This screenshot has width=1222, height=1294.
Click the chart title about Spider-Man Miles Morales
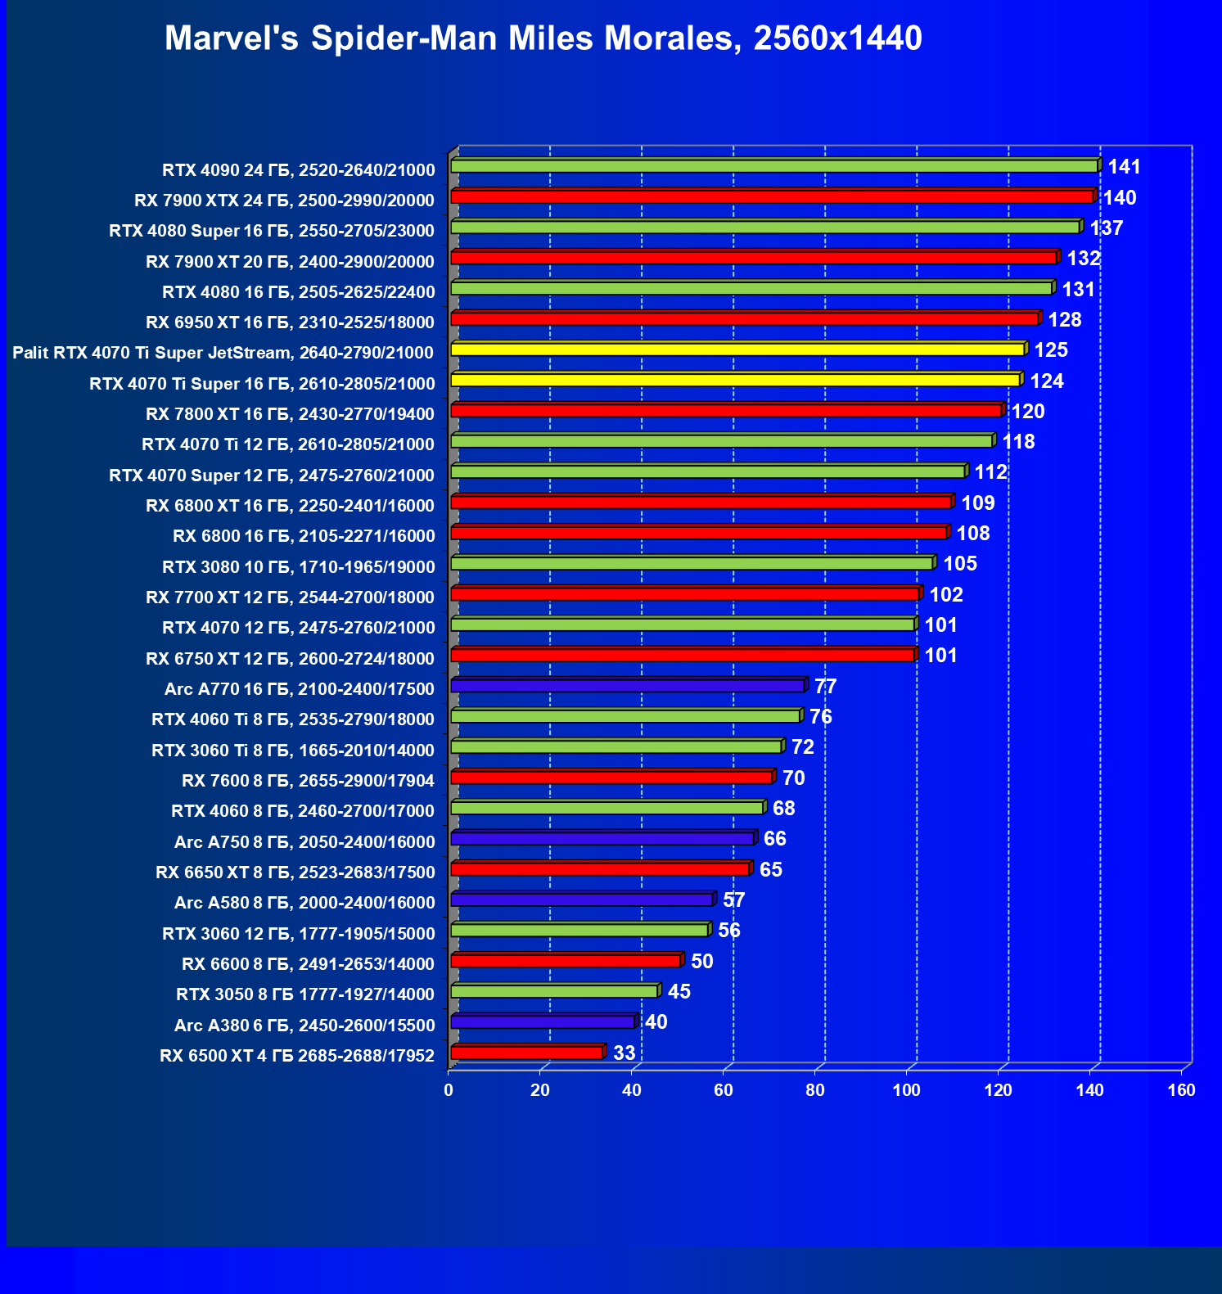pyautogui.click(x=543, y=38)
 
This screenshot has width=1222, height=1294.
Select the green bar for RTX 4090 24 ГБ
pyautogui.click(x=773, y=166)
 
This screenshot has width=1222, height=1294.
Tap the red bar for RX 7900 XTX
pyautogui.click(x=772, y=196)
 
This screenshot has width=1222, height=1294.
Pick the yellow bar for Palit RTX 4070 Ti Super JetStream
pyautogui.click(x=737, y=349)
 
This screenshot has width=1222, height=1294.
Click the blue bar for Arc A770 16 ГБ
pyautogui.click(x=628, y=686)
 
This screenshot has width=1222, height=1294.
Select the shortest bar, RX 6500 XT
pyautogui.click(x=526, y=1053)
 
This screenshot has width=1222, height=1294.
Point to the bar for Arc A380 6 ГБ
pyautogui.click(x=542, y=1021)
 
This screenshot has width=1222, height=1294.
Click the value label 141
pyautogui.click(x=1124, y=167)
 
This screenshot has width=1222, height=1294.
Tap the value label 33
pyautogui.click(x=624, y=1053)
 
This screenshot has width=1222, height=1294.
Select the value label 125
pyautogui.click(x=1051, y=350)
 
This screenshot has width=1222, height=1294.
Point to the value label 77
pyautogui.click(x=825, y=686)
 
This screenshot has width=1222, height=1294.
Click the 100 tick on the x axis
pyautogui.click(x=906, y=1090)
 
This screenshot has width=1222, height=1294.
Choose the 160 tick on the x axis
pyautogui.click(x=1181, y=1090)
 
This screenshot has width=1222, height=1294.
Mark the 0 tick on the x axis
pyautogui.click(x=449, y=1090)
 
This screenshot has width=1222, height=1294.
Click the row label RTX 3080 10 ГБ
pyautogui.click(x=299, y=566)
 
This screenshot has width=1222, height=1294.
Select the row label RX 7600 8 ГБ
pyautogui.click(x=308, y=780)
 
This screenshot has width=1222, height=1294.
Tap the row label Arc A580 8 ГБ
pyautogui.click(x=304, y=902)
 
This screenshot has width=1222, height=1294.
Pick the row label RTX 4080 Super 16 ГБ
pyautogui.click(x=272, y=231)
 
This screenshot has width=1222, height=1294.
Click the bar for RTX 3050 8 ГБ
pyautogui.click(x=554, y=991)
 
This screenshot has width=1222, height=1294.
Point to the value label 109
pyautogui.click(x=977, y=503)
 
